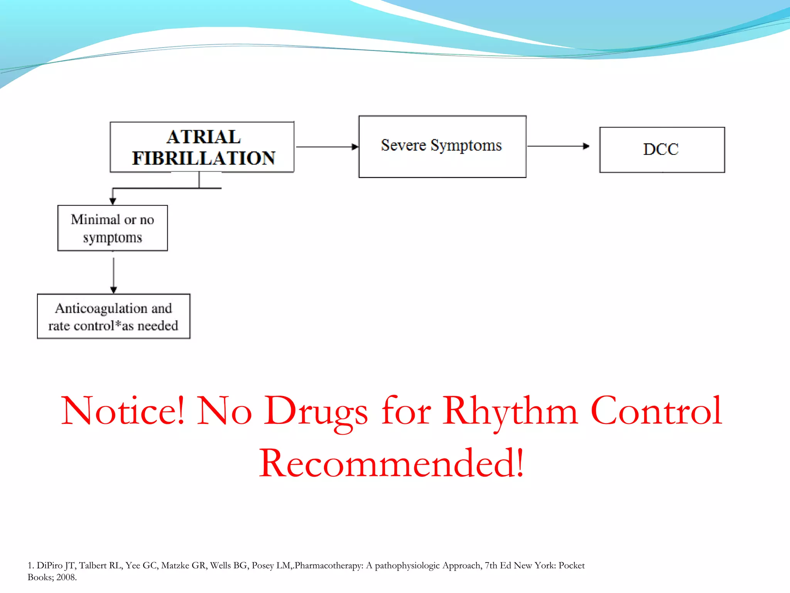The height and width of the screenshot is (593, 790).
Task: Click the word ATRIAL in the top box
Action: pyautogui.click(x=204, y=137)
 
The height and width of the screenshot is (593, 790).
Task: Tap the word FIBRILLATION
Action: pyautogui.click(x=204, y=158)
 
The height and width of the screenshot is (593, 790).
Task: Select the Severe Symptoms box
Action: pyautogui.click(x=442, y=147)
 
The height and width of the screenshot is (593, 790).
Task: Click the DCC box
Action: pyautogui.click(x=662, y=149)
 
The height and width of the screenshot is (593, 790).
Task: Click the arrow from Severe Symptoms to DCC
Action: pyautogui.click(x=558, y=146)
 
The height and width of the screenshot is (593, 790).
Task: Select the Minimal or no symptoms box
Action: pyautogui.click(x=112, y=228)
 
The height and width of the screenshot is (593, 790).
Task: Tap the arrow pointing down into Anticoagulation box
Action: pyautogui.click(x=113, y=275)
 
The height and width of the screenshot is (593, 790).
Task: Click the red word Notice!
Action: pyautogui.click(x=123, y=411)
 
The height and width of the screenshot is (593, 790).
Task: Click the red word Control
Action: pyautogui.click(x=656, y=411)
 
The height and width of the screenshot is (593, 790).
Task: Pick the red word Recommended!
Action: pyautogui.click(x=391, y=463)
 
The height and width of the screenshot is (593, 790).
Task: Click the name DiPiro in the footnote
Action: pyautogui.click(x=49, y=566)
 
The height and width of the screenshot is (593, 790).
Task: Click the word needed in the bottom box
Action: pyautogui.click(x=157, y=326)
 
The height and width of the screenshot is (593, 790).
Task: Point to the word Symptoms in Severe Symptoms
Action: pyautogui.click(x=466, y=146)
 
